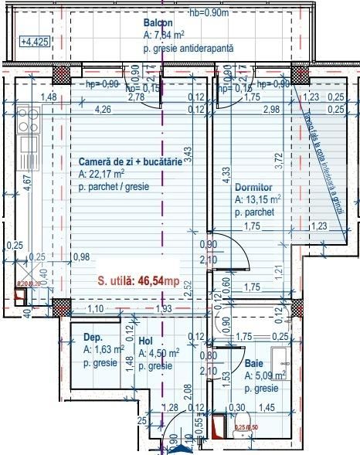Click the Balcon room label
[158, 24]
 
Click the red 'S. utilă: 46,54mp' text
[138, 282]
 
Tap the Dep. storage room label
[93, 338]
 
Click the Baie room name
[253, 362]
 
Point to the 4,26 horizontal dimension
[102, 110]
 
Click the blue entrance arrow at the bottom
[179, 448]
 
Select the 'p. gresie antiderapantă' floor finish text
[188, 47]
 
